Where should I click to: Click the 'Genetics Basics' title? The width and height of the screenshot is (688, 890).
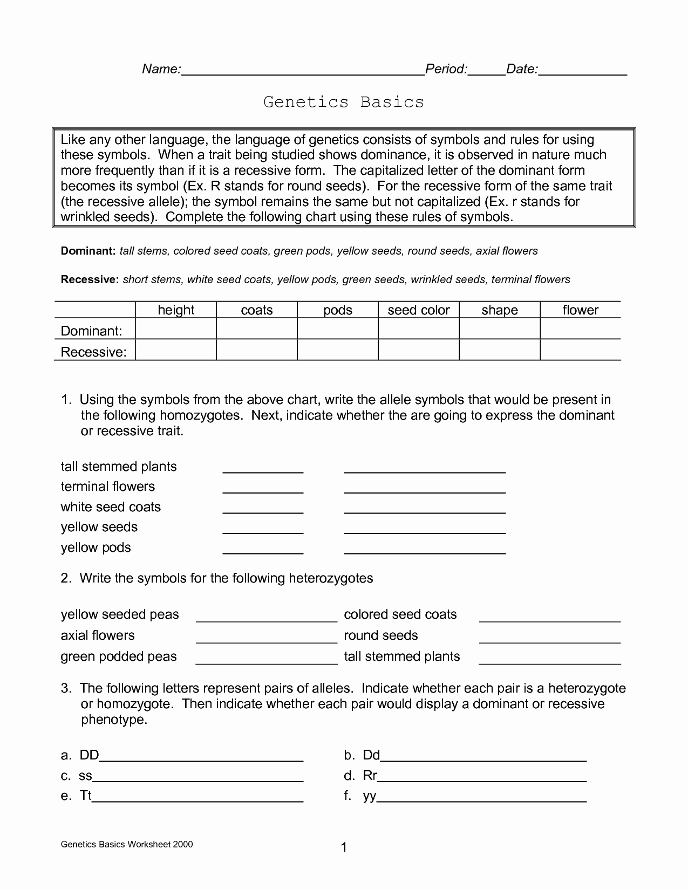(x=344, y=102)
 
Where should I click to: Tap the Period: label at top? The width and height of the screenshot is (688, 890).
(x=446, y=69)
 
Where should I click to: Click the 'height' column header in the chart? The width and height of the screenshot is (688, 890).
(x=176, y=310)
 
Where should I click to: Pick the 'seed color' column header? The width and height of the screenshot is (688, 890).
(x=419, y=310)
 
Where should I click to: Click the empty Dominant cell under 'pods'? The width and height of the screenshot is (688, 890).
(x=338, y=329)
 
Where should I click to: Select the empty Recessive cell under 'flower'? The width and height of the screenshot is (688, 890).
(x=580, y=350)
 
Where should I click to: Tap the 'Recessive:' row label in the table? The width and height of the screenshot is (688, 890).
(x=94, y=352)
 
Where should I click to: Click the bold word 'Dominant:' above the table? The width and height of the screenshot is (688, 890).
(x=88, y=251)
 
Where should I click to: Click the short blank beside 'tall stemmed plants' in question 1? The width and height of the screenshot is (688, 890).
(x=263, y=468)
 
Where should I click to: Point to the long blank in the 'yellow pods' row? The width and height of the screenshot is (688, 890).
(x=425, y=550)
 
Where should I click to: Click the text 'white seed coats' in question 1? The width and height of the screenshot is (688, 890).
(x=111, y=507)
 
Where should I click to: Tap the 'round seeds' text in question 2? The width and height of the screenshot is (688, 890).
(x=381, y=635)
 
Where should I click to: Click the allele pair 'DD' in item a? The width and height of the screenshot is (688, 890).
(x=89, y=755)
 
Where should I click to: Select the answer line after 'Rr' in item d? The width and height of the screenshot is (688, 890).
(x=482, y=777)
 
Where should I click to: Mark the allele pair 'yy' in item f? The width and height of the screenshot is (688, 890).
(x=369, y=796)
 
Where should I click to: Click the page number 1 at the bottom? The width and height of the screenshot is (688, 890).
(x=344, y=848)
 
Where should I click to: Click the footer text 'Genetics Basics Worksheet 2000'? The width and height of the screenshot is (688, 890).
(x=127, y=845)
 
